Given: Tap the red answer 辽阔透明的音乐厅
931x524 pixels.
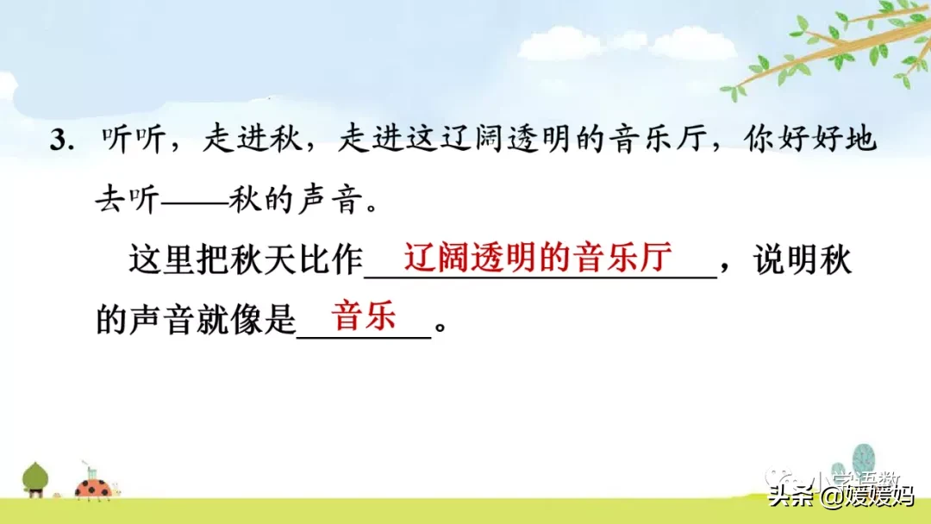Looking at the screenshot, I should [x=539, y=258].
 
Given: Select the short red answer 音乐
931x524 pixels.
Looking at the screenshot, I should [x=365, y=316].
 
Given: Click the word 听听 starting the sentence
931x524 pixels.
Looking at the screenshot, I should [x=133, y=141].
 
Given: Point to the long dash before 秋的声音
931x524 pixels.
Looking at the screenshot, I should [x=195, y=203].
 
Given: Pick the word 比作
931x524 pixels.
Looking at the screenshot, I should [x=333, y=260].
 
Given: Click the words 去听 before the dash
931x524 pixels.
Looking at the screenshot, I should [x=128, y=203].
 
